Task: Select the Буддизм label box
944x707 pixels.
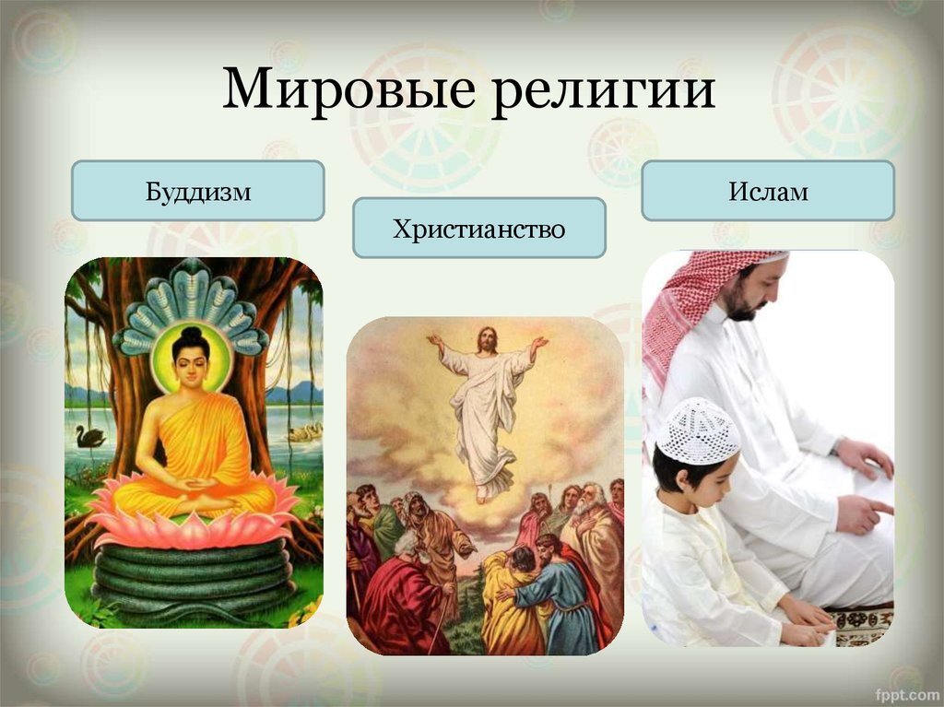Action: tap(198, 190)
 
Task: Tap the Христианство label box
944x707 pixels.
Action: tap(479, 228)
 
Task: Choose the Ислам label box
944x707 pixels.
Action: tap(768, 190)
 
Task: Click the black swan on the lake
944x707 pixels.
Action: tap(90, 436)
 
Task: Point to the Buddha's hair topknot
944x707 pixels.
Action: tap(191, 333)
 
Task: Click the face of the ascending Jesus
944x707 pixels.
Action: tap(486, 341)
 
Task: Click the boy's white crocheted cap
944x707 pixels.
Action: tap(698, 430)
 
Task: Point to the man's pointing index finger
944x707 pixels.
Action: tap(879, 507)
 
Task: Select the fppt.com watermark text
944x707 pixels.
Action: tap(907, 693)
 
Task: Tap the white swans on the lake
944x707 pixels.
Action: tap(306, 431)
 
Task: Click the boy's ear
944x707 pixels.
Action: tap(683, 479)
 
